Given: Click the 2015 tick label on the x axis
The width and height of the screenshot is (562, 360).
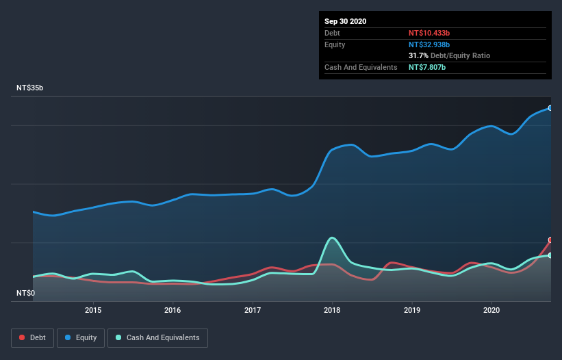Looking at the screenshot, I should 93,310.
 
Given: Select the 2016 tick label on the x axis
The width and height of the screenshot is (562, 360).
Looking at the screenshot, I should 173,310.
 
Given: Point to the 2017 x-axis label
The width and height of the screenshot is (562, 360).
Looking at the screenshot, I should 253,310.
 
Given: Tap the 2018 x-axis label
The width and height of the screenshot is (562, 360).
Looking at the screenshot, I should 332,310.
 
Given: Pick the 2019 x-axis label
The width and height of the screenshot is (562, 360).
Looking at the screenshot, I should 412,310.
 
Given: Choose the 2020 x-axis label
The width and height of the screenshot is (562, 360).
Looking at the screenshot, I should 491,310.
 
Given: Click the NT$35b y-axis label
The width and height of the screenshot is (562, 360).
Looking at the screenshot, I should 30,88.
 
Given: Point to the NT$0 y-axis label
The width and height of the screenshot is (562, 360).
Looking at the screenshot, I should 25,294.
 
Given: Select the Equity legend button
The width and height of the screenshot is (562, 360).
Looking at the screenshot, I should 81,337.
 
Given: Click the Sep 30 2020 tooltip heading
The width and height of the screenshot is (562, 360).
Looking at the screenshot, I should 345,21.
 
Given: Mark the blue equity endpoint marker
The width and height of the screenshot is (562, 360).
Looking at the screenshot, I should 550,108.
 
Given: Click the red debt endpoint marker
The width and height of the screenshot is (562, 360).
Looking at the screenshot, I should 550,240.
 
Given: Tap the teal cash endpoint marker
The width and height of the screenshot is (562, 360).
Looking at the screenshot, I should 550,255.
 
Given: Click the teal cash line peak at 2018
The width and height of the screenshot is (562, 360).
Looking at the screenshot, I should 332,237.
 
